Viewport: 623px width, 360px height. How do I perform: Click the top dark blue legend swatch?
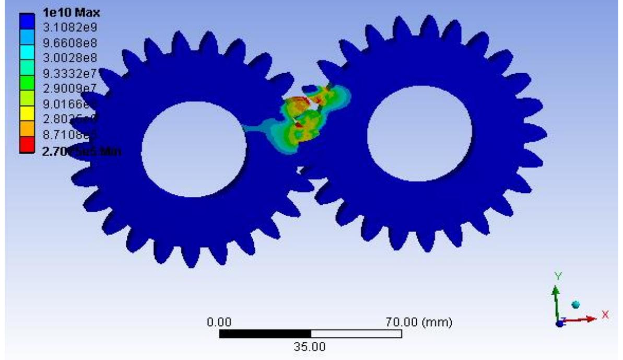(x=26, y=19)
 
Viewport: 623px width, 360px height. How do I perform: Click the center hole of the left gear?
(x=194, y=149)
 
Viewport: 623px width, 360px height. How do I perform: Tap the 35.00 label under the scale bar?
(x=311, y=346)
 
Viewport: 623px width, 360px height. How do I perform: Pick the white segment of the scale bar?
(x=356, y=333)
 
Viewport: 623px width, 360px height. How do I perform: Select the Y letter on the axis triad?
(x=558, y=276)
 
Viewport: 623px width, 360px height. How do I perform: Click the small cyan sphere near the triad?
(x=576, y=304)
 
